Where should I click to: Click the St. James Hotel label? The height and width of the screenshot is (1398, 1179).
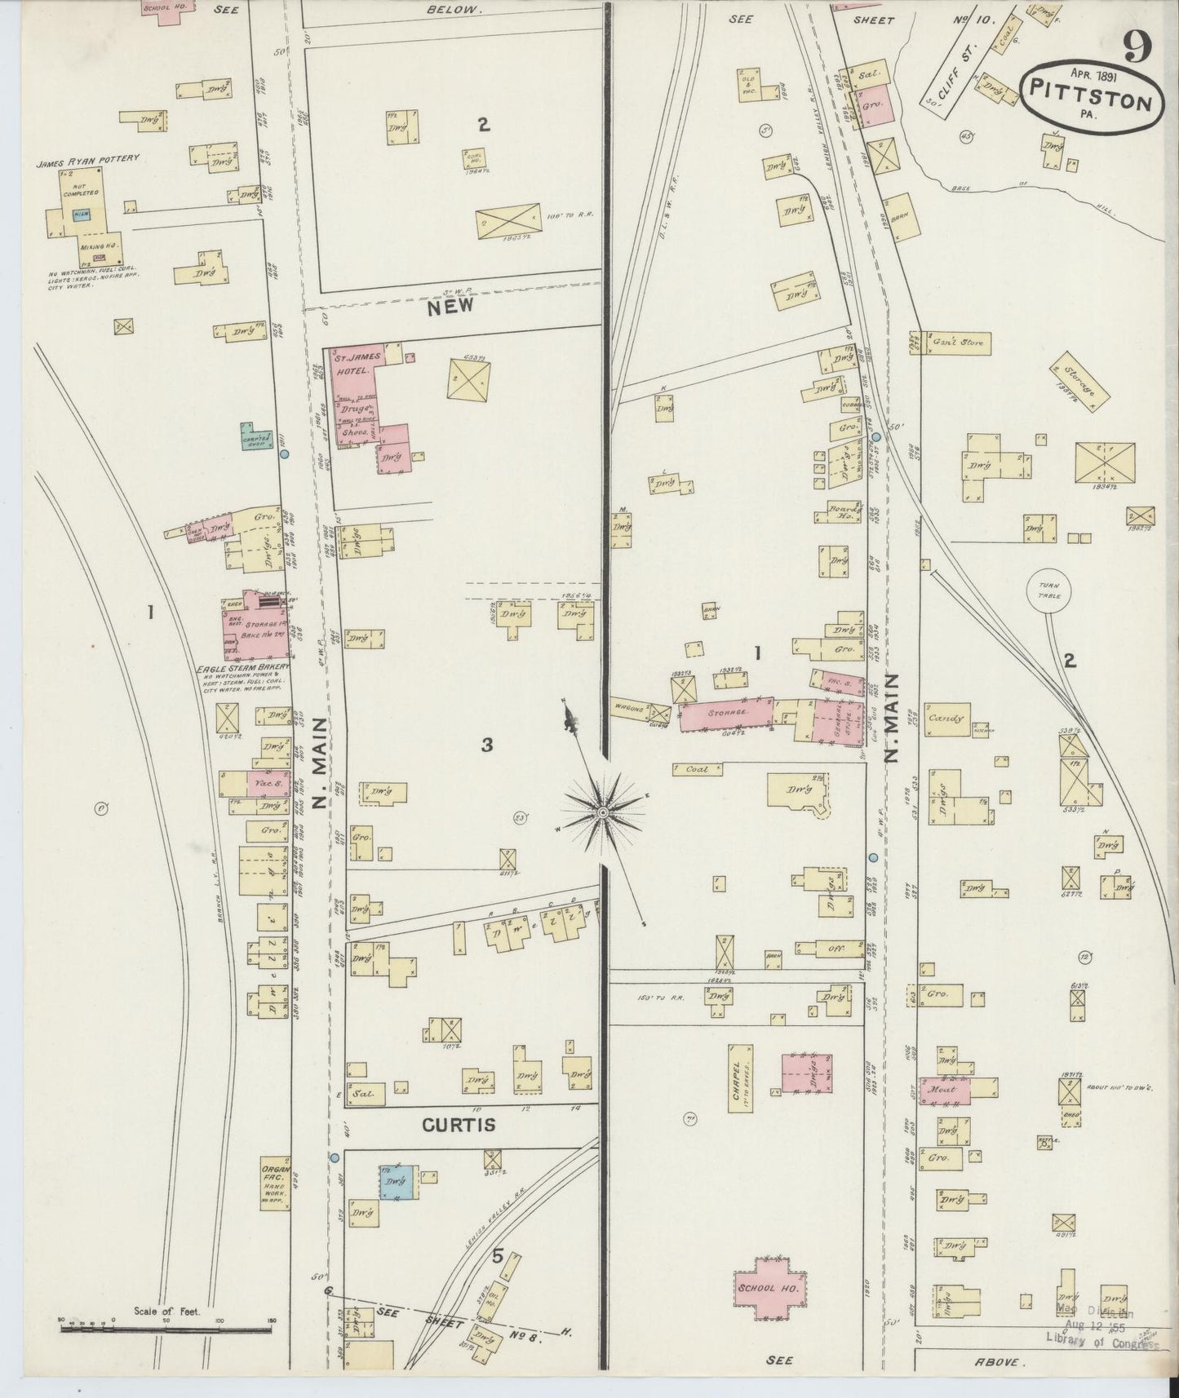(x=353, y=362)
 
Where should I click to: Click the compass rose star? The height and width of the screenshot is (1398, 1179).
(x=602, y=812)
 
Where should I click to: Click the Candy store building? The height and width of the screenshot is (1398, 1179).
(x=948, y=719)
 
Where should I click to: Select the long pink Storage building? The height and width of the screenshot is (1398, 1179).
(x=727, y=713)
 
